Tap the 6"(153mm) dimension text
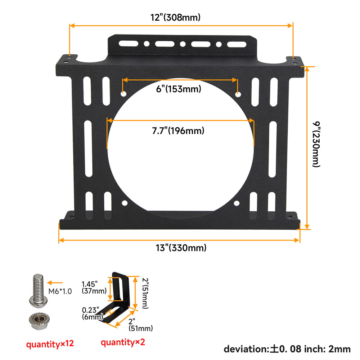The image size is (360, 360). (x=179, y=89)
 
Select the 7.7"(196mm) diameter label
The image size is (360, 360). (x=178, y=130)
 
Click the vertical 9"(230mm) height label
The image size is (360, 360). (x=316, y=144)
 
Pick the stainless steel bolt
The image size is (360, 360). (x=37, y=290)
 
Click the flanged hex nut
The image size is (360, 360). (x=37, y=319)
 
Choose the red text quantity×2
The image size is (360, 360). (x=123, y=342)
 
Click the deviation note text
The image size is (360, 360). (x=287, y=348)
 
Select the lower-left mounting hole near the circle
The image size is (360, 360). (x=125, y=203)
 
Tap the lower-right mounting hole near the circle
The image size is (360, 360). (x=237, y=203)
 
